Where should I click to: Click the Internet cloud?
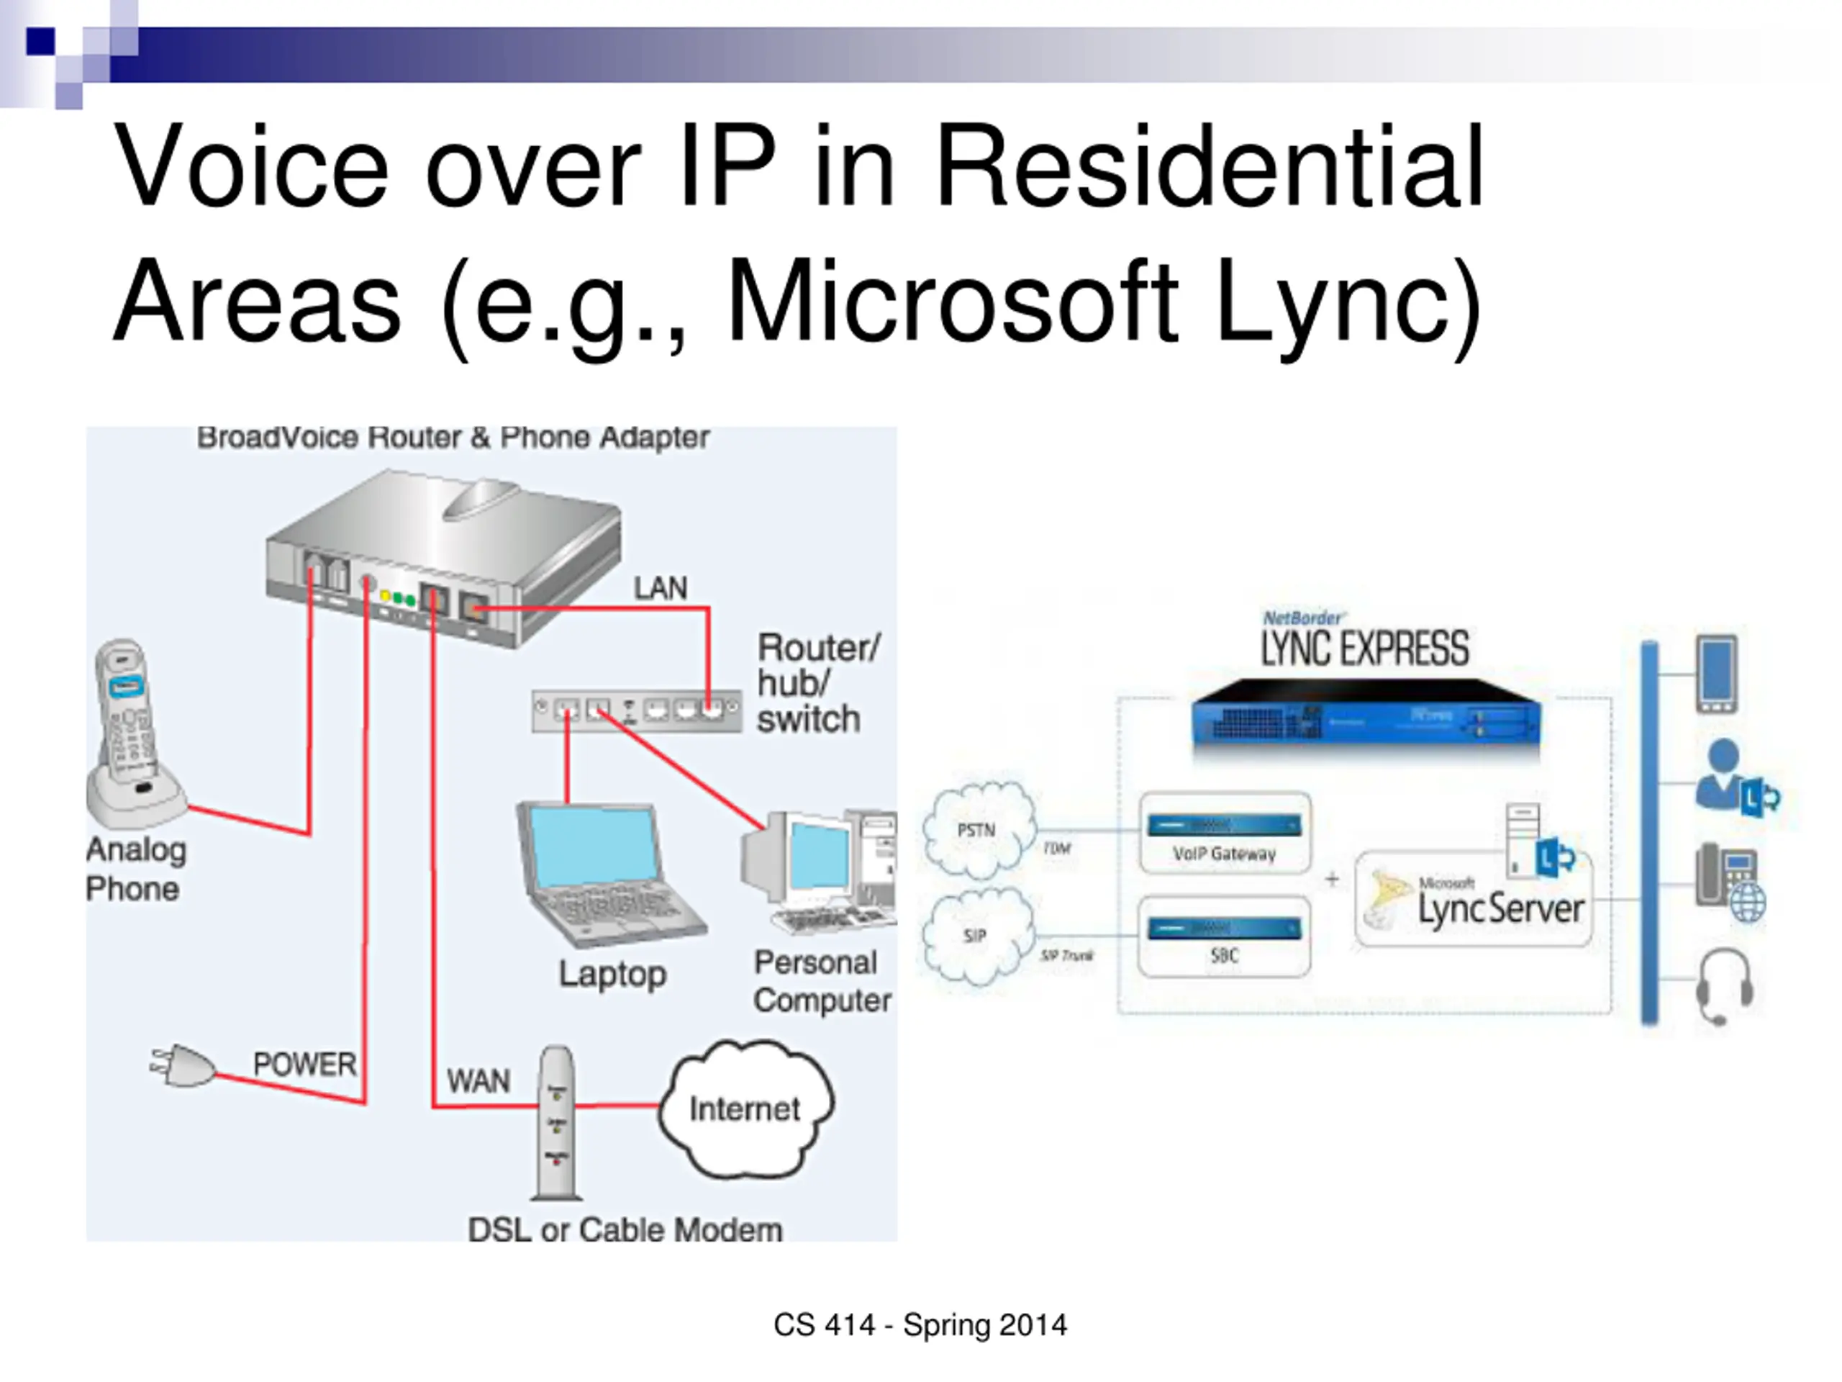tap(745, 1108)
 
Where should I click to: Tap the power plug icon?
tap(183, 1065)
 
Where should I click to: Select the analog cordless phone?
tap(133, 733)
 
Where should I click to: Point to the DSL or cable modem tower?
tap(556, 1121)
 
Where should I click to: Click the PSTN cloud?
tap(978, 830)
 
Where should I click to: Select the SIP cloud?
tap(976, 936)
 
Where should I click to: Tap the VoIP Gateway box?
tap(1224, 833)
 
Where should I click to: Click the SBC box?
tap(1224, 936)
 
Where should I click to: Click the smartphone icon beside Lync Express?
tap(1717, 673)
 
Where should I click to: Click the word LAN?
tap(661, 588)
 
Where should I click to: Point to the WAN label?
tap(478, 1081)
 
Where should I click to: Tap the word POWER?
tap(305, 1064)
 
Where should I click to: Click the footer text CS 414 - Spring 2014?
tap(920, 1324)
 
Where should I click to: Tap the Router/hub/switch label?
tap(816, 683)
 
